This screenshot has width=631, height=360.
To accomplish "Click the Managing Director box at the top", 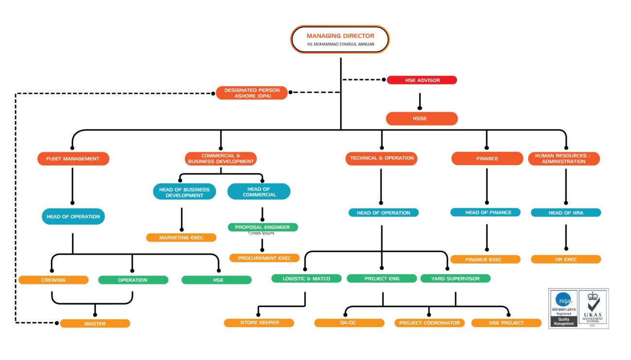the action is pos(340,39).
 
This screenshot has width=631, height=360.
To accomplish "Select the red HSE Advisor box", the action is pos(422,80).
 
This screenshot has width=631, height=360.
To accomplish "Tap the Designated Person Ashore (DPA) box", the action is pos(252,93).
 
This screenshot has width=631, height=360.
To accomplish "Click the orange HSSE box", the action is pos(422,118).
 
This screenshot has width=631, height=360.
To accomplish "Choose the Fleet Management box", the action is pos(73,159).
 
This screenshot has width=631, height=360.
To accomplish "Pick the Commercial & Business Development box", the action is pos(221,159).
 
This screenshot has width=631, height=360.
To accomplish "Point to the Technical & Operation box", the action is pos(382,159).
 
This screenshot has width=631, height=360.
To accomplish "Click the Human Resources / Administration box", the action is pos(564,159).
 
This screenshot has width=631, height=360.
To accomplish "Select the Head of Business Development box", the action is pos(184,192).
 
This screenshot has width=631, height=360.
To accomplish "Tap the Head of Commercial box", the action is pos(259,191).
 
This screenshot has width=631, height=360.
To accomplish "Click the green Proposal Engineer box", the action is pos(263,227).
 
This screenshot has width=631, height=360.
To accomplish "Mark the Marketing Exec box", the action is pos(181,238).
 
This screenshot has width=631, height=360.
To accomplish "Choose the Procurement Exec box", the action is pos(264,258).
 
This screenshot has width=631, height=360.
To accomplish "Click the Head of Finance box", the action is pos(485,213).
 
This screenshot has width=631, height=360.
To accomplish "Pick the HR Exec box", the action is pos(566,259).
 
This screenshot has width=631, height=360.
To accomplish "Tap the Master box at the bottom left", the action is pos(95,324).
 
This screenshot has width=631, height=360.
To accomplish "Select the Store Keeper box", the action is pos(259,323).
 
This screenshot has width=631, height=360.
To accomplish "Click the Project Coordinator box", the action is pos(430,323).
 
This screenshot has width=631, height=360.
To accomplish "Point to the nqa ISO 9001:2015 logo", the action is pos(564,309).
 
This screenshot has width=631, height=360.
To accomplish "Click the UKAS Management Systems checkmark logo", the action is pos(593,309).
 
